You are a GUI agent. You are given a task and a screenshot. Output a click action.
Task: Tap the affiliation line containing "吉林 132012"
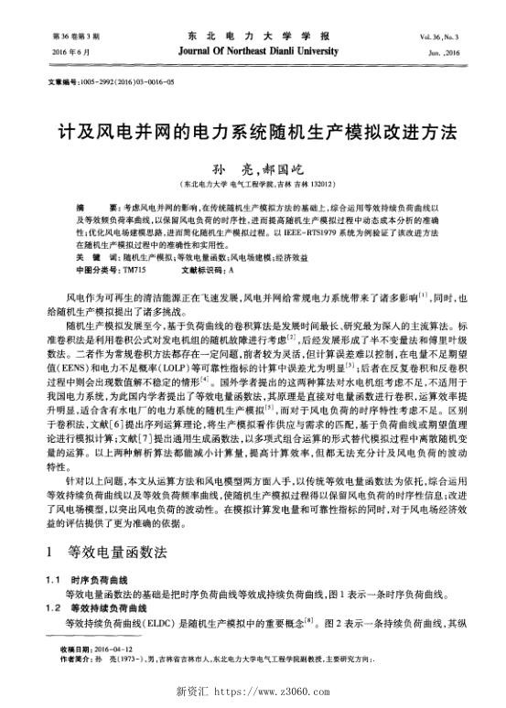pos(252,185)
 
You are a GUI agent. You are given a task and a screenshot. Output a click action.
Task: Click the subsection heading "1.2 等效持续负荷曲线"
pos(93,608)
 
